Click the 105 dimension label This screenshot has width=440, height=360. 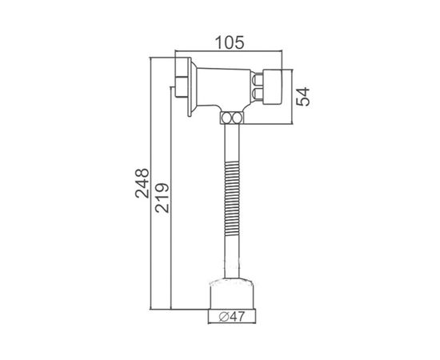[230, 43]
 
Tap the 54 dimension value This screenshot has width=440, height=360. [303, 97]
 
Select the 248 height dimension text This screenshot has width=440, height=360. [142, 183]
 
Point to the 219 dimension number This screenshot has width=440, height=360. [162, 198]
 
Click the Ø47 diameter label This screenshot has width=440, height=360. [232, 317]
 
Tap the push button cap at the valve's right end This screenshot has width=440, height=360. [272, 86]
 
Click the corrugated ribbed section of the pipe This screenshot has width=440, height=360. [232, 198]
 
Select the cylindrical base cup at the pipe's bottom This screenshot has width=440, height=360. [232, 294]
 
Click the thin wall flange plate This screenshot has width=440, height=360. [190, 86]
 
